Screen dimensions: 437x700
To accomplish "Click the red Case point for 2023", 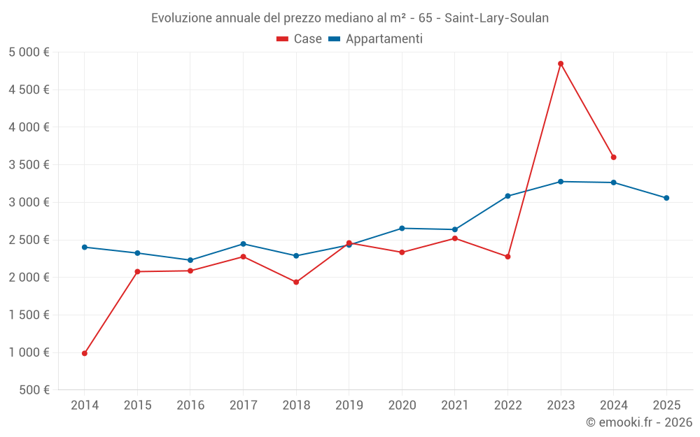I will click(x=561, y=64).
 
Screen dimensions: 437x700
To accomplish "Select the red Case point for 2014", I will click(x=85, y=353).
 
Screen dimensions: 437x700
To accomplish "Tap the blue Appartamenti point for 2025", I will click(x=666, y=198).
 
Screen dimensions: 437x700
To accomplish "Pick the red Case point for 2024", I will click(x=614, y=157).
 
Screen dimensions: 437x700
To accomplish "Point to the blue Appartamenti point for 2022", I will click(x=507, y=196).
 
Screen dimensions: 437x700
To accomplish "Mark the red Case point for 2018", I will click(x=296, y=282).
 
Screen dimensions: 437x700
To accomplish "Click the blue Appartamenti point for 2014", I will click(x=85, y=247).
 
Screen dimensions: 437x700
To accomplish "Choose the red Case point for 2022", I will click(x=507, y=257).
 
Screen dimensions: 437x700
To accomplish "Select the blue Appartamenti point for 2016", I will click(x=190, y=260).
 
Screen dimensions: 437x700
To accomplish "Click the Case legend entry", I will click(x=300, y=39).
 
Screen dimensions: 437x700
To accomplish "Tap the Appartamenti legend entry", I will click(x=376, y=39).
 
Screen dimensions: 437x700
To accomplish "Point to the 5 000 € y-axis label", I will click(x=29, y=52).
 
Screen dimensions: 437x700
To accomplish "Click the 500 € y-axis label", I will click(x=35, y=390).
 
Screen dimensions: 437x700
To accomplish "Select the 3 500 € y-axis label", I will click(x=29, y=165).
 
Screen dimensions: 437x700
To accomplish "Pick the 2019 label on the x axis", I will click(x=349, y=405).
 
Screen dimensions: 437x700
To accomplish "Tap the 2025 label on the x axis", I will click(x=666, y=405).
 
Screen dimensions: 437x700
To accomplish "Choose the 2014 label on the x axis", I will click(x=85, y=405).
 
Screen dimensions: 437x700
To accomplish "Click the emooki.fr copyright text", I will click(x=639, y=422).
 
